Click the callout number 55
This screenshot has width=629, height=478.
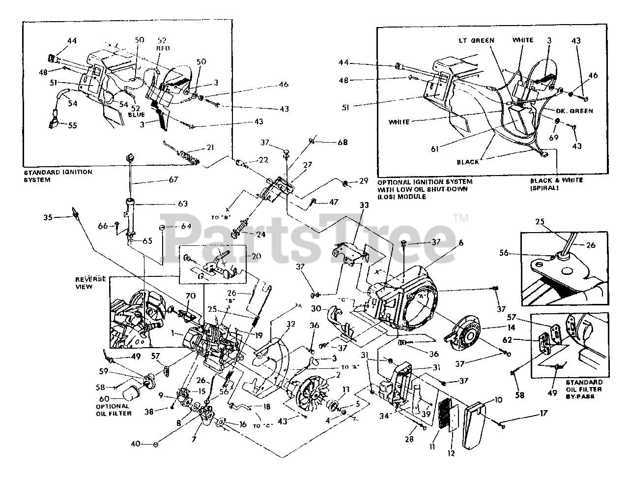click(73, 126)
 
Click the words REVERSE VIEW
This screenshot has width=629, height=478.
click(90, 282)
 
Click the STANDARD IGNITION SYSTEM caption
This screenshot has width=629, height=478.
click(57, 176)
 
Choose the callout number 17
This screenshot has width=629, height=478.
click(543, 414)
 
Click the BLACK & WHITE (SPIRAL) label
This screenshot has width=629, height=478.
click(557, 184)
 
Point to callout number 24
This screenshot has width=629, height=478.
click(261, 235)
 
